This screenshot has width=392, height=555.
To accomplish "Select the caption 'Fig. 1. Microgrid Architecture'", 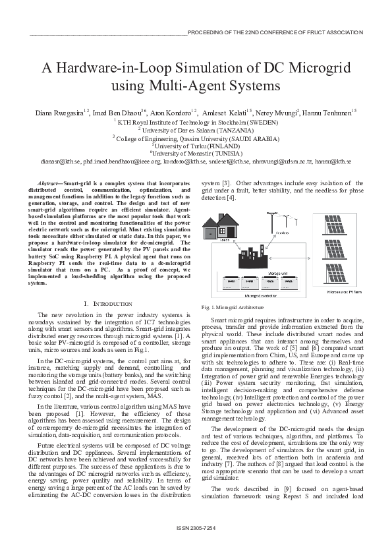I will (231, 307).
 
